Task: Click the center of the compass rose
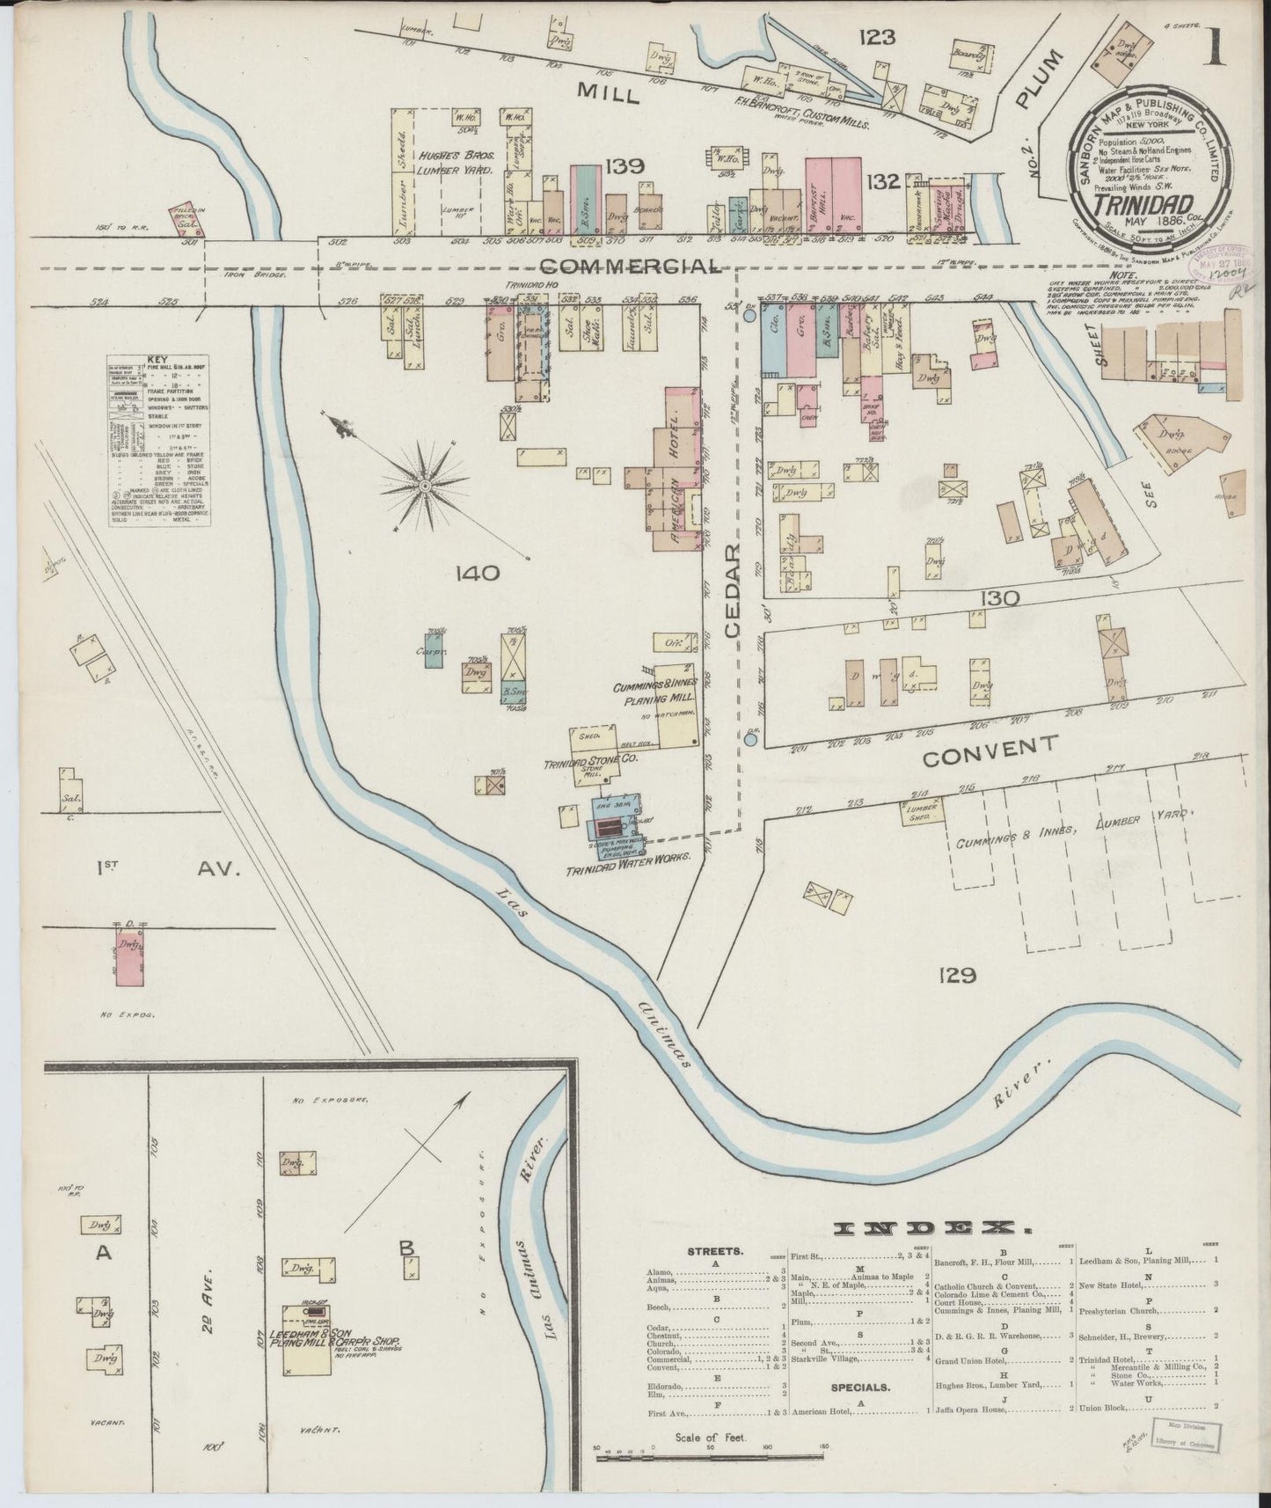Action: [x=426, y=485]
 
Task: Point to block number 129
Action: [x=958, y=975]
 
